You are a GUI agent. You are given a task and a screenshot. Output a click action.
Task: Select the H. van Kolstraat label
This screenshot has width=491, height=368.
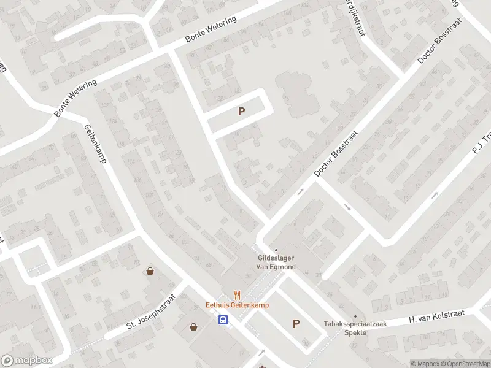coord(437,317)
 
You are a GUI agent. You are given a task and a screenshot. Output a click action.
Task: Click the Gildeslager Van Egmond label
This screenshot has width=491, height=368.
coord(276,263)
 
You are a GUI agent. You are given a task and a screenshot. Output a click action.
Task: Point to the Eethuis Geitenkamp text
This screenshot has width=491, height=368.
coord(237,305)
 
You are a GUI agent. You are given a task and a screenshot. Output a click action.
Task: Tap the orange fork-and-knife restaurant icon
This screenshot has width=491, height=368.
coord(236,294)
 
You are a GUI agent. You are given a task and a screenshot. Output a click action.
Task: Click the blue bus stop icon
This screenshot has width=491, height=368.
coord(223,319)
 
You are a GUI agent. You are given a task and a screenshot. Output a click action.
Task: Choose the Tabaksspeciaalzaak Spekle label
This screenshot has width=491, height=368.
coord(346,328)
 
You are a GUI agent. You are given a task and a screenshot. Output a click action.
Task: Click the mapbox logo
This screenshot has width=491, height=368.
coord(27,361)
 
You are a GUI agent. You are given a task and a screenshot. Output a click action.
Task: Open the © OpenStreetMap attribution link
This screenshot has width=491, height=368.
coord(465,364)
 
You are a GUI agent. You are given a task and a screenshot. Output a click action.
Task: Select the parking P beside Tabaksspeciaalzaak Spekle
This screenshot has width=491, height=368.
coord(296,324)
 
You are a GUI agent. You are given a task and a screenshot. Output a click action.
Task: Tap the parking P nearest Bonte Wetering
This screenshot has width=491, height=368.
coord(241,112)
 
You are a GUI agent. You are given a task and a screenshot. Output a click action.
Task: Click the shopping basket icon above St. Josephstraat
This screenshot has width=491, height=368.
coord(149,271)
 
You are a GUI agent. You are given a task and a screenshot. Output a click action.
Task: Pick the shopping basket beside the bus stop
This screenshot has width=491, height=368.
coord(195,327)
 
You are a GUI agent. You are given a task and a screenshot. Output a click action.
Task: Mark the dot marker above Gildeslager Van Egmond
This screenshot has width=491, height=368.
coord(276,250)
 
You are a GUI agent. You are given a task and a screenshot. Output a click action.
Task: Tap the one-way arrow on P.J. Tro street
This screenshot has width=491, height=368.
coord(435,196)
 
